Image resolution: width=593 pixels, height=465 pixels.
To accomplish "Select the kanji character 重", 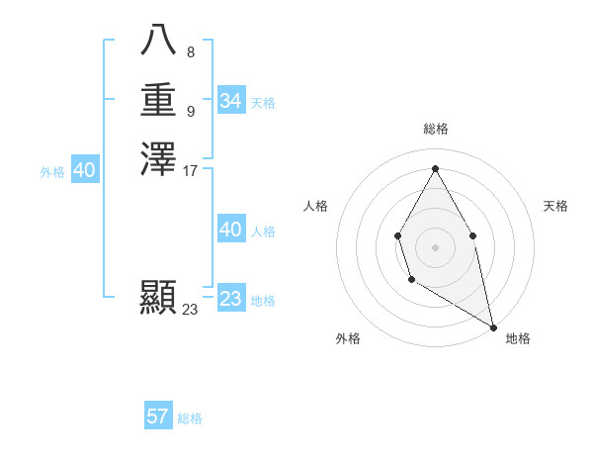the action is pos(158,100).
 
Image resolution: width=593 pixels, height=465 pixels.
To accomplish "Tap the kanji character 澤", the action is pos(158,159).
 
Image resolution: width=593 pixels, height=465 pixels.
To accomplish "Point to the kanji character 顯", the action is pos(158,297).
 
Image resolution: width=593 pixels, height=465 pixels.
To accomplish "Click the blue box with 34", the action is pos(230,101).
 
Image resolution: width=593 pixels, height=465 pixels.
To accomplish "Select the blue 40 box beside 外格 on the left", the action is pos(84,171).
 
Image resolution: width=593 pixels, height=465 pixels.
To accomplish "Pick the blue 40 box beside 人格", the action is pos(230,230).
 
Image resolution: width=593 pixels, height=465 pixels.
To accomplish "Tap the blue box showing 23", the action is pos(230,299).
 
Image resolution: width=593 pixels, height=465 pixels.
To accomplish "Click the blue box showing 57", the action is pos(157,417).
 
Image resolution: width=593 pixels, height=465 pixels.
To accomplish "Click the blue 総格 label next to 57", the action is pos(190,418).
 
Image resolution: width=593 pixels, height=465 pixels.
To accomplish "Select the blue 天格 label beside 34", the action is pos(263,103).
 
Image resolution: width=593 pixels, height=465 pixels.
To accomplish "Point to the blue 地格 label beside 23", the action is pos(263,301).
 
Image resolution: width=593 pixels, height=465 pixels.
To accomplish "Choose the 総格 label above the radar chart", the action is pos(435,129).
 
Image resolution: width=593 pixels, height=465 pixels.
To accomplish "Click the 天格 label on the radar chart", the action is pos(556,206).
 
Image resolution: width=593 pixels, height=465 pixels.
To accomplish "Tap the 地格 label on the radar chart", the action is pos(519,338).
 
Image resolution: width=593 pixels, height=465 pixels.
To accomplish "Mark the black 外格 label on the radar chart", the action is pos(348,338).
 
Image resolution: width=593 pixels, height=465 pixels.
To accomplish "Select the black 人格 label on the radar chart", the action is pos(315,206).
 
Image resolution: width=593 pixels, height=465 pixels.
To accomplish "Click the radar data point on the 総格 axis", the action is pos(435,167).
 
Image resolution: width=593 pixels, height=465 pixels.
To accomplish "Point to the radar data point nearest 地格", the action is pos(493,326).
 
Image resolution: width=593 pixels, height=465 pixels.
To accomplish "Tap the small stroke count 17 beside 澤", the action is pos(191,170).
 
